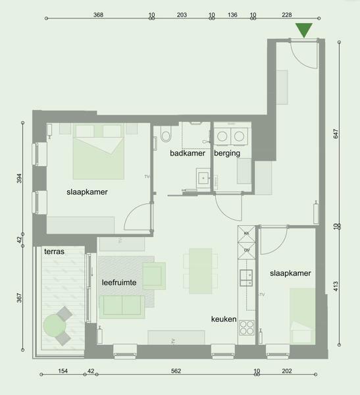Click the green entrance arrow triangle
pyautogui.click(x=304, y=30)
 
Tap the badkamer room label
pyautogui.click(x=188, y=153)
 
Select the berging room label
pyautogui.click(x=227, y=153)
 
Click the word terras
pyautogui.click(x=54, y=251)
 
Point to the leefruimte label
pyautogui.click(x=119, y=282)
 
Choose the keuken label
pyautogui.click(x=224, y=319)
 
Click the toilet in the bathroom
pyautogui.click(x=166, y=134)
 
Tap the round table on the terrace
pyautogui.click(x=55, y=326)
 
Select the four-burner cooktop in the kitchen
pyautogui.click(x=247, y=327)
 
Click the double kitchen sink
pyautogui.click(x=246, y=278)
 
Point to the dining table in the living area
pyautogui.click(x=201, y=271)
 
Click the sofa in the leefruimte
pyautogui.click(x=122, y=307)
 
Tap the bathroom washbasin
pyautogui.click(x=203, y=178)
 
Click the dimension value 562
pyautogui.click(x=176, y=371)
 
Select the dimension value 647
pyautogui.click(x=336, y=134)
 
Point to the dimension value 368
pyautogui.click(x=98, y=15)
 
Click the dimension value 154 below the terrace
pyautogui.click(x=63, y=371)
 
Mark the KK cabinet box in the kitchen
pyautogui.click(x=247, y=234)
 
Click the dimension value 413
pyautogui.click(x=336, y=286)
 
